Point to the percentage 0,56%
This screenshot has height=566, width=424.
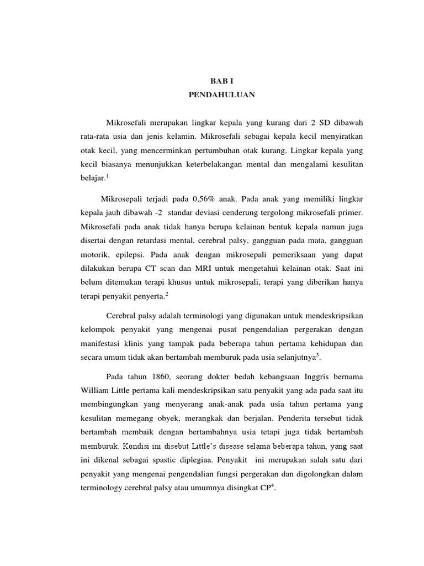(205, 198)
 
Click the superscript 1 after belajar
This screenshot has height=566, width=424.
(108, 176)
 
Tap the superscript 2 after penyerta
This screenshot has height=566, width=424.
(167, 294)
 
